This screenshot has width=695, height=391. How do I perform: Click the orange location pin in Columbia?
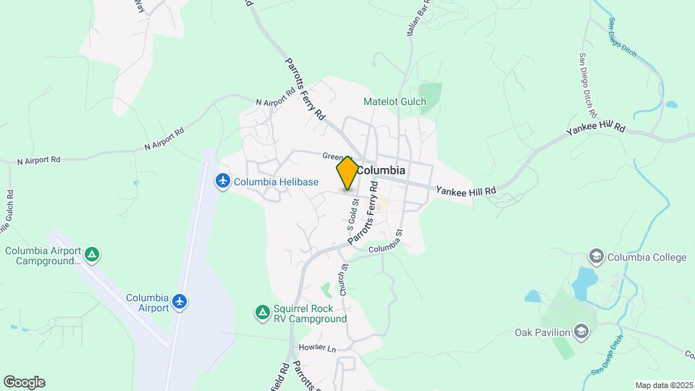[x=347, y=172]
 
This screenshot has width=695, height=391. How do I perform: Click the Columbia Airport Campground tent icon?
[x=92, y=254]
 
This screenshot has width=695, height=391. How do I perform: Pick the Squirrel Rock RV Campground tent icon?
[x=262, y=312]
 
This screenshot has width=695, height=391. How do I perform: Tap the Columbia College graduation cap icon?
[x=596, y=256]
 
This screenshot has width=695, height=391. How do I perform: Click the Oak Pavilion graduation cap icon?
[x=581, y=332]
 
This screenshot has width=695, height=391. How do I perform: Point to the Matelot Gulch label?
[x=395, y=101]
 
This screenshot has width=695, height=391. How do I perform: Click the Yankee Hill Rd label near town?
[x=466, y=190]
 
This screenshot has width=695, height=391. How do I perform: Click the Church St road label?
[x=344, y=278]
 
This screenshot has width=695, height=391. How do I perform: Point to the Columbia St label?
[x=384, y=248]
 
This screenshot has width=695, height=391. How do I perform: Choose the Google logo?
[x=24, y=382]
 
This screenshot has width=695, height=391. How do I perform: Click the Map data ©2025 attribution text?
[x=663, y=385]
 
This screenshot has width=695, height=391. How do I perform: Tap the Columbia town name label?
[x=382, y=170]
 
